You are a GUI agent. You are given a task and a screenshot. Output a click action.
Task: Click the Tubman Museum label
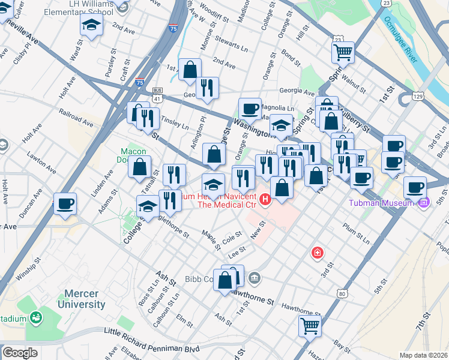pyautogui.click(x=381, y=202)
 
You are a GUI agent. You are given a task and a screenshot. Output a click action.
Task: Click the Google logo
pyautogui.click(x=20, y=353)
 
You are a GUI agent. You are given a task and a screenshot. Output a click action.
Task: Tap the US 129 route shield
pyautogui.click(x=418, y=96)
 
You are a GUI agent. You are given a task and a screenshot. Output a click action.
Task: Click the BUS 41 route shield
pyautogui.click(x=157, y=92)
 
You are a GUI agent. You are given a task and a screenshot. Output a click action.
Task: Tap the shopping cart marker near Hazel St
pyautogui.click(x=310, y=326)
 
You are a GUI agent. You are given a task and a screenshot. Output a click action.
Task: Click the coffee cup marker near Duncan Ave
pyautogui.click(x=65, y=203)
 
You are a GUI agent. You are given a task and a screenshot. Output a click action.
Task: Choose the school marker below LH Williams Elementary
pyautogui.click(x=91, y=25)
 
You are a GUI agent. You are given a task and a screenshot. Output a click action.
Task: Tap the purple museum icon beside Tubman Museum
pyautogui.click(x=424, y=203)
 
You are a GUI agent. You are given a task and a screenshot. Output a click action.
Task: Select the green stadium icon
pyautogui.click(x=36, y=317)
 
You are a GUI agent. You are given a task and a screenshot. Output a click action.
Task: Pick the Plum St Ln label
pyautogui.click(x=357, y=233)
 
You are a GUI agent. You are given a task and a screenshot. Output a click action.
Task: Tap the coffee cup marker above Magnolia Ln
pyautogui.click(x=250, y=109)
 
